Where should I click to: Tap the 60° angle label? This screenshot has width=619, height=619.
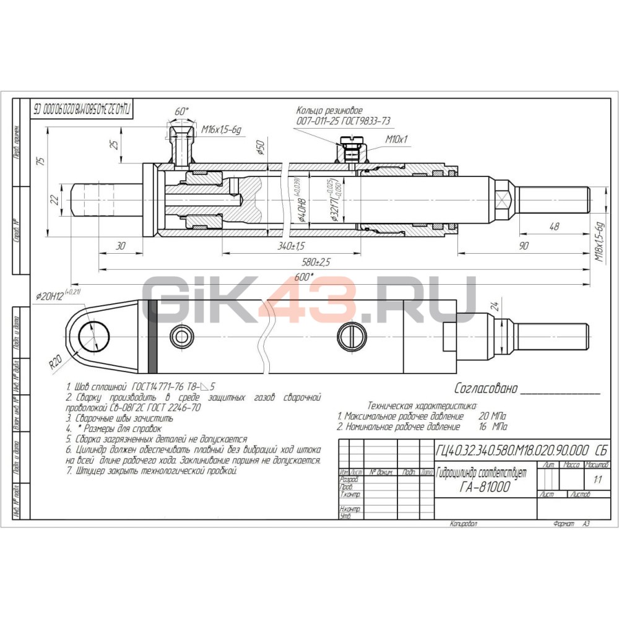coord(181,111)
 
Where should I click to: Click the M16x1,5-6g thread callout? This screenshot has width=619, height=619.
coord(222,129)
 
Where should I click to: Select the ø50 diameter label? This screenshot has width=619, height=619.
coord(261,149)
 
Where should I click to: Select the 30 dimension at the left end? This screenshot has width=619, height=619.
coord(121,246)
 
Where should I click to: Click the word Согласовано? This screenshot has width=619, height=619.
coord(485,389)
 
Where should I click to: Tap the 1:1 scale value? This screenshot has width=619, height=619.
coord(597,478)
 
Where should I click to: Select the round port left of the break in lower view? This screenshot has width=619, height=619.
coord(183,337)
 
